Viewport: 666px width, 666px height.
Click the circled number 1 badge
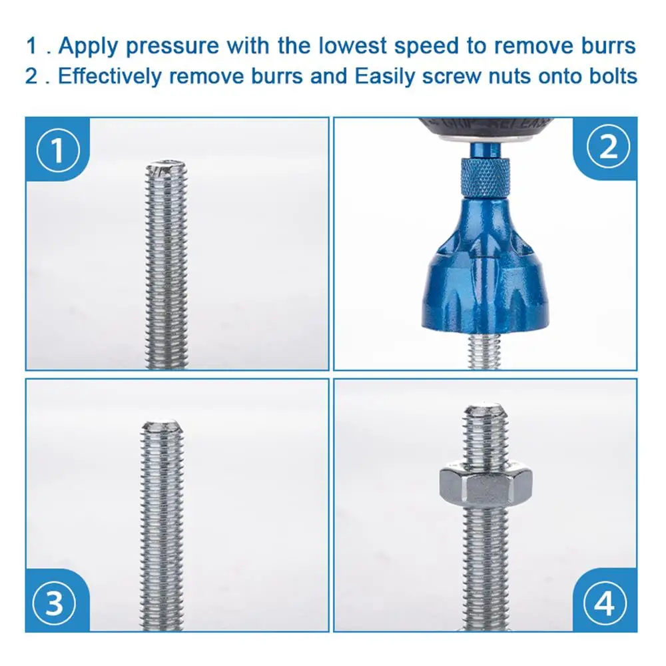tap(57, 150)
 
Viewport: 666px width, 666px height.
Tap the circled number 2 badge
tap(608, 148)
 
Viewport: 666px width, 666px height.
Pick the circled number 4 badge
tap(605, 603)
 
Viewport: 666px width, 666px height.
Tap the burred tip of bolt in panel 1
tap(166, 170)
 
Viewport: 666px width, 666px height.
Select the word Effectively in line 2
tap(110, 76)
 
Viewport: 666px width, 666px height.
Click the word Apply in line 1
tap(89, 47)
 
